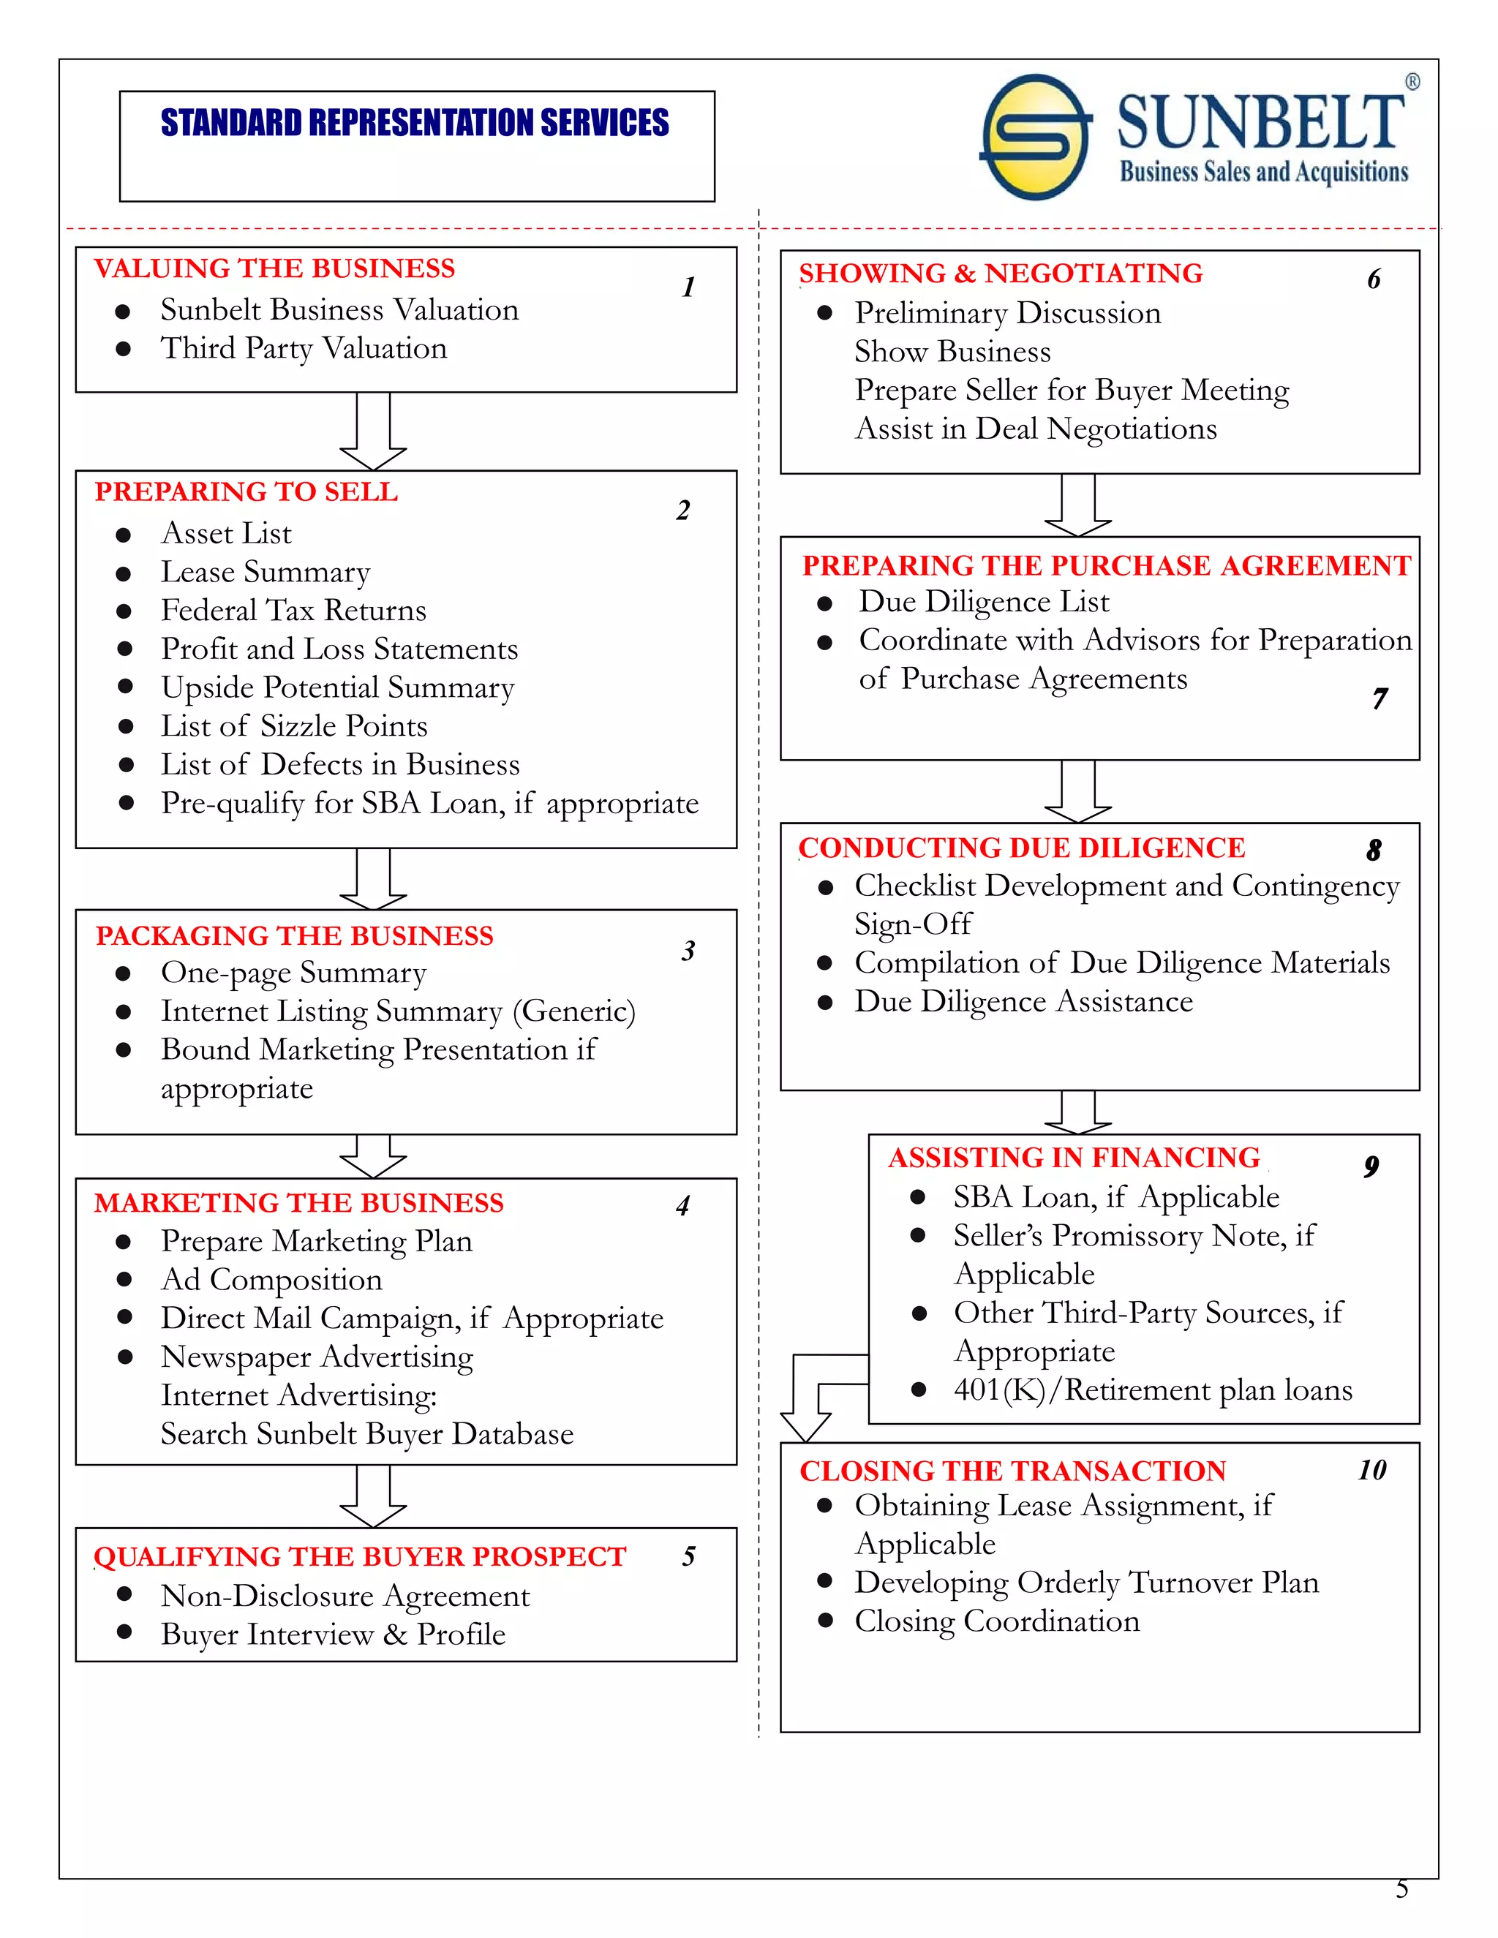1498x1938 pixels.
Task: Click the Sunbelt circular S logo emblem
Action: point(1035,137)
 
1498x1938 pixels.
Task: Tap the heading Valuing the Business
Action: point(274,268)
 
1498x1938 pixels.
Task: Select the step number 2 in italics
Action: point(682,510)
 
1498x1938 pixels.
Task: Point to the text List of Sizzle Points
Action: point(294,726)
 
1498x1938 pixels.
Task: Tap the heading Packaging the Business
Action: point(294,935)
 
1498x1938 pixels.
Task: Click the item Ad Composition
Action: point(271,1280)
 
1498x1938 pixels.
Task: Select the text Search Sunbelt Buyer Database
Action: point(366,1434)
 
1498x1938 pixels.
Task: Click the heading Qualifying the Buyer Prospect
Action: point(359,1556)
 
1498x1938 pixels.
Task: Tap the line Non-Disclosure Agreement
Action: point(345,1596)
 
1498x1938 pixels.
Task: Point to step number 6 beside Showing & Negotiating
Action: point(1373,279)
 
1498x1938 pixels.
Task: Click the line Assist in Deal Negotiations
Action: point(1035,429)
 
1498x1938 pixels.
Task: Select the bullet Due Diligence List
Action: point(983,602)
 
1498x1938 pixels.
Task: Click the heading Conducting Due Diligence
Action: point(1021,848)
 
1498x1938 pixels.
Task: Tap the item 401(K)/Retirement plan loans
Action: point(1152,1390)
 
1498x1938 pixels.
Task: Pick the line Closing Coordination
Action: point(997,1621)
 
